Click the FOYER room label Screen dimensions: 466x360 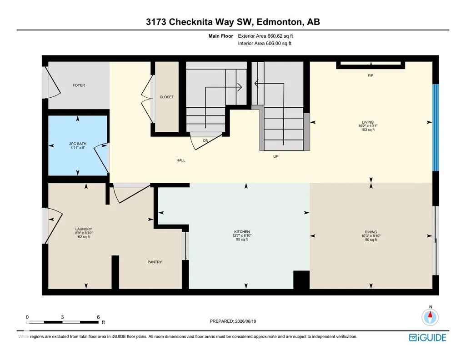79,85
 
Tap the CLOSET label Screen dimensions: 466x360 167,97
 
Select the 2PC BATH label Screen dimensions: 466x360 78,144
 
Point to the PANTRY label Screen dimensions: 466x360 155,262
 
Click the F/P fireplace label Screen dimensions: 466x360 371,76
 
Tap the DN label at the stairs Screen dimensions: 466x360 205,140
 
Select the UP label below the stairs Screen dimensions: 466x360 276,156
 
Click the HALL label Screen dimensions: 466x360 181,160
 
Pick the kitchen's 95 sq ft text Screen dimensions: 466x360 242,240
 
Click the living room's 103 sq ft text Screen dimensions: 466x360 368,130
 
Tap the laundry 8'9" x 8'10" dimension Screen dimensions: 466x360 84,233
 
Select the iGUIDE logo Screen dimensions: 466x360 428,337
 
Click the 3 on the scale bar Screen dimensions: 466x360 62,317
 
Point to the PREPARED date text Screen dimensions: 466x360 233,321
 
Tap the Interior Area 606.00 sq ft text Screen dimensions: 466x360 265,43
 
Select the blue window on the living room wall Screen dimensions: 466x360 436,128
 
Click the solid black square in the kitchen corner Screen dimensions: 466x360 301,280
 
